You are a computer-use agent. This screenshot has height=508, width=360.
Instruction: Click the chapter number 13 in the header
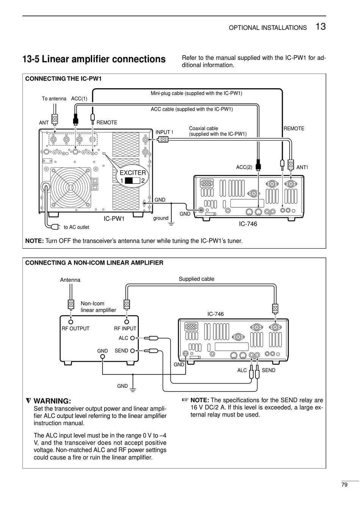pyautogui.click(x=320, y=27)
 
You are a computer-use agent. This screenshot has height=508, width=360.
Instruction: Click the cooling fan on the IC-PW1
pyautogui.click(x=70, y=187)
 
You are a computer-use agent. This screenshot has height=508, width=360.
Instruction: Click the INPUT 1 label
pyautogui.click(x=164, y=132)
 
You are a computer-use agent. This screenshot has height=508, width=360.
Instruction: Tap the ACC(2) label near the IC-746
pyautogui.click(x=244, y=167)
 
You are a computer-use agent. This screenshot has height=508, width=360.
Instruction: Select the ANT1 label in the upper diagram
pyautogui.click(x=302, y=167)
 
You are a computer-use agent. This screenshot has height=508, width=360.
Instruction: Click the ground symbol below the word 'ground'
pyautogui.click(x=171, y=224)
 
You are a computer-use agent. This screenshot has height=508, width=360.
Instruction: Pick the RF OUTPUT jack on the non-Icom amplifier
pyautogui.click(x=71, y=322)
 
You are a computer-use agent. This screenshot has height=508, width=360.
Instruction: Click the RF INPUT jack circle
pyautogui.click(x=127, y=322)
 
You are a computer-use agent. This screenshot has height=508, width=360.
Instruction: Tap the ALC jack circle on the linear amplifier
pyautogui.click(x=133, y=339)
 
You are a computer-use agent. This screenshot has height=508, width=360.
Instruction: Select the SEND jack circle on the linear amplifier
pyautogui.click(x=133, y=351)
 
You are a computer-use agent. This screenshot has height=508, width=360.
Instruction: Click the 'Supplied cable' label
pyautogui.click(x=196, y=279)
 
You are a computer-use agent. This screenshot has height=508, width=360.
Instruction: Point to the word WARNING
pyautogui.click(x=52, y=401)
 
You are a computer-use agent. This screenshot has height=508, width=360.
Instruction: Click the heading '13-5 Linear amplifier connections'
pyautogui.click(x=94, y=59)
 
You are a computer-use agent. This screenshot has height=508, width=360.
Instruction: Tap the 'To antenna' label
pyautogui.click(x=54, y=99)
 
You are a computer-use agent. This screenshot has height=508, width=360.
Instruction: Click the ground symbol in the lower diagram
pyautogui.click(x=133, y=390)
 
